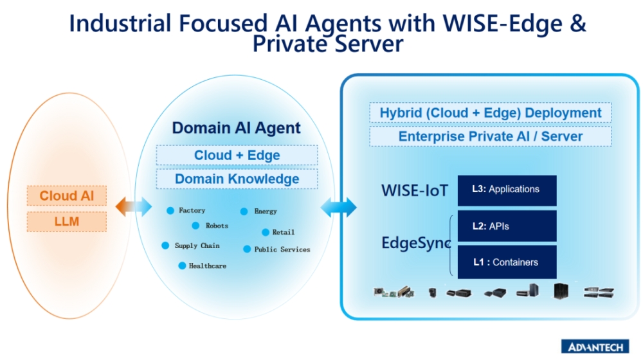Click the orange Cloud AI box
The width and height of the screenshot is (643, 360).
(67, 195)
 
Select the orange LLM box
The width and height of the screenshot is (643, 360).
(67, 222)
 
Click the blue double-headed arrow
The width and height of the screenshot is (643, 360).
(338, 207)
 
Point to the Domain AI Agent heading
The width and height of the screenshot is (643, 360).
(236, 128)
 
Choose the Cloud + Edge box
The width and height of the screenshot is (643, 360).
(237, 155)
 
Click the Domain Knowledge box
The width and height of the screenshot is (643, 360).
(237, 179)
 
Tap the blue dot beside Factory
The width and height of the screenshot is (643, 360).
(170, 210)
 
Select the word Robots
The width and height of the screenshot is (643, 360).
(217, 226)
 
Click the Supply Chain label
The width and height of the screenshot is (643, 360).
(197, 246)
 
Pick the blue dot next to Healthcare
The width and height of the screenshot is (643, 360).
(183, 265)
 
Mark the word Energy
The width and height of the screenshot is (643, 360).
(266, 211)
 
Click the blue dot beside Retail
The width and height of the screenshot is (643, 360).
(266, 232)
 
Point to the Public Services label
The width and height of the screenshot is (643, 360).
(282, 249)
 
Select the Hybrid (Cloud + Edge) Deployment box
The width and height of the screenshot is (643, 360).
(490, 113)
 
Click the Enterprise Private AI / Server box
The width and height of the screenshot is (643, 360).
(490, 136)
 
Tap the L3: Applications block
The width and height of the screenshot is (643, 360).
(507, 190)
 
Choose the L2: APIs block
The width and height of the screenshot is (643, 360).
(507, 226)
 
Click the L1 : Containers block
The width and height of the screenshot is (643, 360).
(507, 262)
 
